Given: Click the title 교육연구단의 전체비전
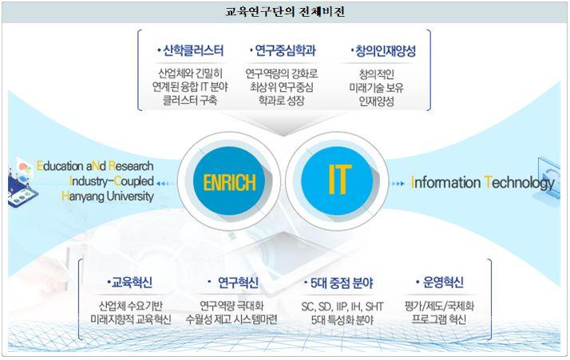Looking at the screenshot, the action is (285, 12).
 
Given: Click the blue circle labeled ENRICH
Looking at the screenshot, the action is (229, 181).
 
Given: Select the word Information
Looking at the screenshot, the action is (445, 182).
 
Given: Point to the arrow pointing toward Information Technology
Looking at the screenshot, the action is (398, 184).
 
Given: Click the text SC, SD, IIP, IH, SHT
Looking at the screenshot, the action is (342, 307).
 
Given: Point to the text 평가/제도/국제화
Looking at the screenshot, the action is (439, 306).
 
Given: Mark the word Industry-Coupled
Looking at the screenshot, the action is (112, 181).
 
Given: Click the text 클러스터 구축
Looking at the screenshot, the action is (190, 101).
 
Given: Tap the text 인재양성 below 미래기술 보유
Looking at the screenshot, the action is (377, 101).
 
